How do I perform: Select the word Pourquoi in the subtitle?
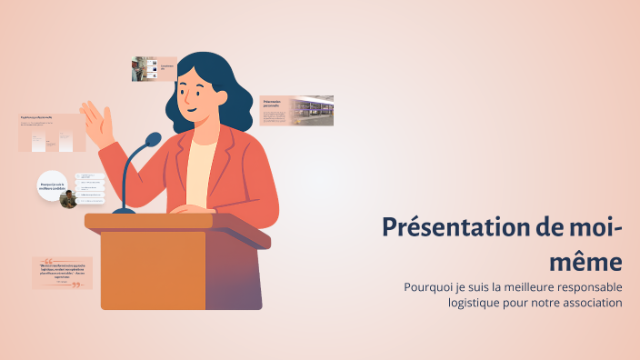click(428, 287)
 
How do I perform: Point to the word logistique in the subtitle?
click(478, 303)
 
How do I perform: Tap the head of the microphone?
click(152, 140)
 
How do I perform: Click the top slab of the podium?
click(173, 222)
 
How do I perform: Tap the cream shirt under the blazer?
click(201, 173)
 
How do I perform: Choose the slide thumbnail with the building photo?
click(296, 110)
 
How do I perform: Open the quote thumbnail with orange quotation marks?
click(62, 273)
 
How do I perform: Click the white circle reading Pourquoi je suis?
click(53, 185)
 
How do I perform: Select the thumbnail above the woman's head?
click(154, 68)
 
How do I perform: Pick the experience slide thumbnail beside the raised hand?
click(52, 134)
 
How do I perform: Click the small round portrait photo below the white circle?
click(67, 199)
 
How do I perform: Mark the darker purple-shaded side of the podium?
click(234, 277)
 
